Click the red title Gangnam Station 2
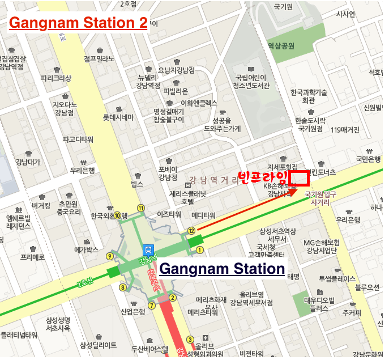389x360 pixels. coord(78,23)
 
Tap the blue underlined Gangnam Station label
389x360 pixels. coord(222,268)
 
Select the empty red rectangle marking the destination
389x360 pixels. coord(299,178)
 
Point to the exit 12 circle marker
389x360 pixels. coord(191,230)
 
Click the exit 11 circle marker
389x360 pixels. coord(140,207)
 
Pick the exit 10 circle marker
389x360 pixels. coord(118,215)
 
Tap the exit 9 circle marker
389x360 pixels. coord(109,256)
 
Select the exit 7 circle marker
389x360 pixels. coord(151,306)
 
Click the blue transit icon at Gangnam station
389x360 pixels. coord(148,249)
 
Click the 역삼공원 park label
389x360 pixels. coord(281,46)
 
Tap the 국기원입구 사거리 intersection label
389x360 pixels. coord(320,197)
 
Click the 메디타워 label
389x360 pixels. coord(203,215)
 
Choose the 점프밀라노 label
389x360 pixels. coord(99,58)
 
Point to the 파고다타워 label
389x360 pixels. coord(78,139)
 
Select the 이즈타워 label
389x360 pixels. coord(169,214)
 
